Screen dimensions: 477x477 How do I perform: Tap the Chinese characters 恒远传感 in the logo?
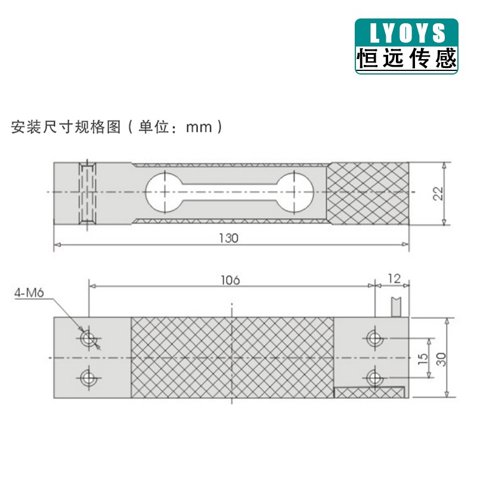(407, 58)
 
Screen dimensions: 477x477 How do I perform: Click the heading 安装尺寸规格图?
(66, 127)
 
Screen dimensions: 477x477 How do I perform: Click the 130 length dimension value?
(228, 238)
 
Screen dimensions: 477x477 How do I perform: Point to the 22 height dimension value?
(438, 193)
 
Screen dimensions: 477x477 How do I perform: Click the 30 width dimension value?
(441, 357)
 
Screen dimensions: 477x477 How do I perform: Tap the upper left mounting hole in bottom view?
(89, 339)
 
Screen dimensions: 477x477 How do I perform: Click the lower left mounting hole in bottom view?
(89, 377)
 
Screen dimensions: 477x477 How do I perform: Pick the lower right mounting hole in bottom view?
(374, 377)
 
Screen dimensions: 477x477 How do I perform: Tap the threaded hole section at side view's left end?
(89, 193)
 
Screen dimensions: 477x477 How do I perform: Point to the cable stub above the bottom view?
(396, 305)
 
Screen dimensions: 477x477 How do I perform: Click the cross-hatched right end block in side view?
(368, 193)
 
